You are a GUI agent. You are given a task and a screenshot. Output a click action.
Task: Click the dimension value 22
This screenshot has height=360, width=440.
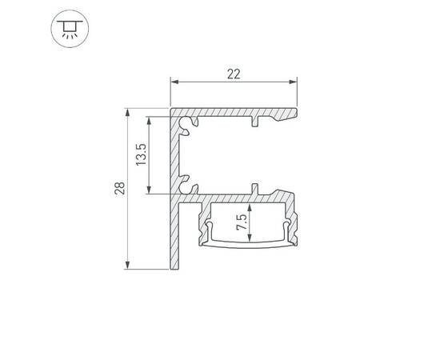point(234,74)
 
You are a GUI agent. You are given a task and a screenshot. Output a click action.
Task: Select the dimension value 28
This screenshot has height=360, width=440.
point(119,189)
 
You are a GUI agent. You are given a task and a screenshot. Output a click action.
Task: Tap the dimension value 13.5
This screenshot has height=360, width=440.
point(141,154)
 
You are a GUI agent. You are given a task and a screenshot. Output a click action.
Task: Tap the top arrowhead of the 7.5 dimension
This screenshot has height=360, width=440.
point(251,206)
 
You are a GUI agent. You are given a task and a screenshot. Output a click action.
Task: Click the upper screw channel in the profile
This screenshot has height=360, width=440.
point(189,122)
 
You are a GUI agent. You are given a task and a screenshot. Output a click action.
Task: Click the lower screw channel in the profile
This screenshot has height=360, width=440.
point(189,184)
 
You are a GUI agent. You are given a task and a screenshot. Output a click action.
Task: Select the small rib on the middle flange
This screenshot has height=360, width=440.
point(256,187)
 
